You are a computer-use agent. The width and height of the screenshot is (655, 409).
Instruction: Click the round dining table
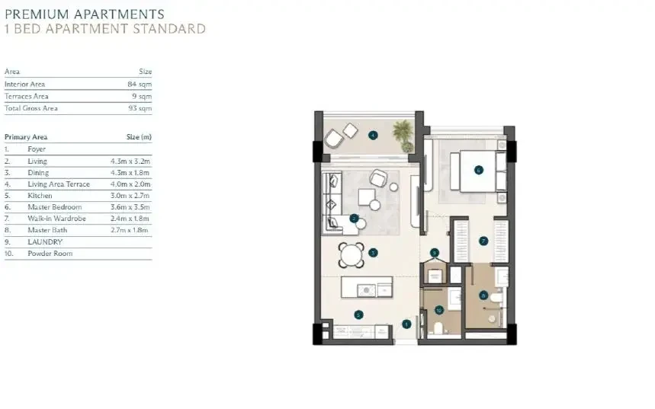tap(352, 254)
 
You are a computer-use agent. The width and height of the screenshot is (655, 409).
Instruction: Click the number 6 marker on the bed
tap(479, 170)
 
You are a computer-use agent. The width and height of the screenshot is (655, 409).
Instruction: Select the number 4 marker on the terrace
tap(373, 135)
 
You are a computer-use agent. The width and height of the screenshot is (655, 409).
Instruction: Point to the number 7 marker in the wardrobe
tap(483, 241)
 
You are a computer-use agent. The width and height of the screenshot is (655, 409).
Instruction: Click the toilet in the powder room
tap(438, 328)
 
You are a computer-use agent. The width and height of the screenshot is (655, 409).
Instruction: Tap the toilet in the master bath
tap(496, 298)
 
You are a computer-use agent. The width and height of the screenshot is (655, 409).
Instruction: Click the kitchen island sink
tap(367, 289)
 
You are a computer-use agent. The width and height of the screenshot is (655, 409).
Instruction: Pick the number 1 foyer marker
tap(406, 324)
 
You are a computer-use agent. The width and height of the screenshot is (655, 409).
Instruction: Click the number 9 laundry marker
tap(435, 253)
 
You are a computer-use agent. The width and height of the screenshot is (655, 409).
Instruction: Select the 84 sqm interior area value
tap(140, 85)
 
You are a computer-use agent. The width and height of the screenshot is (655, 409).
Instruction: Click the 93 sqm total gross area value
tap(140, 108)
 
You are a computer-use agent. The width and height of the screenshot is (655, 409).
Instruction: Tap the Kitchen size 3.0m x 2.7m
tap(130, 196)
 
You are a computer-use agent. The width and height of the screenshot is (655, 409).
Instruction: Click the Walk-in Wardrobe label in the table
tap(57, 219)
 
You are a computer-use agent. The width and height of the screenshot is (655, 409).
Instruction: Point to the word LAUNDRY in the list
tap(45, 242)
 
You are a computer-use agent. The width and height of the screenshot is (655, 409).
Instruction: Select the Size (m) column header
tap(139, 137)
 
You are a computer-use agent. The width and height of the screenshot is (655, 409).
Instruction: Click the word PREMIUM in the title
tap(37, 14)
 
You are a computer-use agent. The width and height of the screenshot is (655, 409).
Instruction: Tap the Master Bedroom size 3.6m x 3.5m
tap(130, 207)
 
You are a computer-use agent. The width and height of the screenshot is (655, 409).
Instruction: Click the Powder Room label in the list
tap(50, 254)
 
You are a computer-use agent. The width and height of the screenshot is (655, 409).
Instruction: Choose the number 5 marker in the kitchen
tap(358, 315)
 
